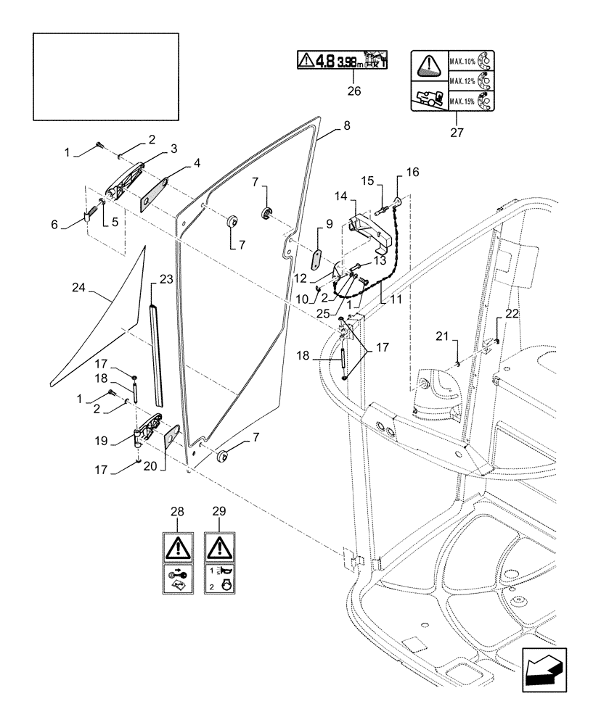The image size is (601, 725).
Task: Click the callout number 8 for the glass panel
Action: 346,125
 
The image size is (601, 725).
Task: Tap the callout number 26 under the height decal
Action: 353,91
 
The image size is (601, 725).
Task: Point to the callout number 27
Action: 455,133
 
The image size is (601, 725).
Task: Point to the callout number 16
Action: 412,173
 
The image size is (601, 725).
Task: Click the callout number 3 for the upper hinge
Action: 153,149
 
